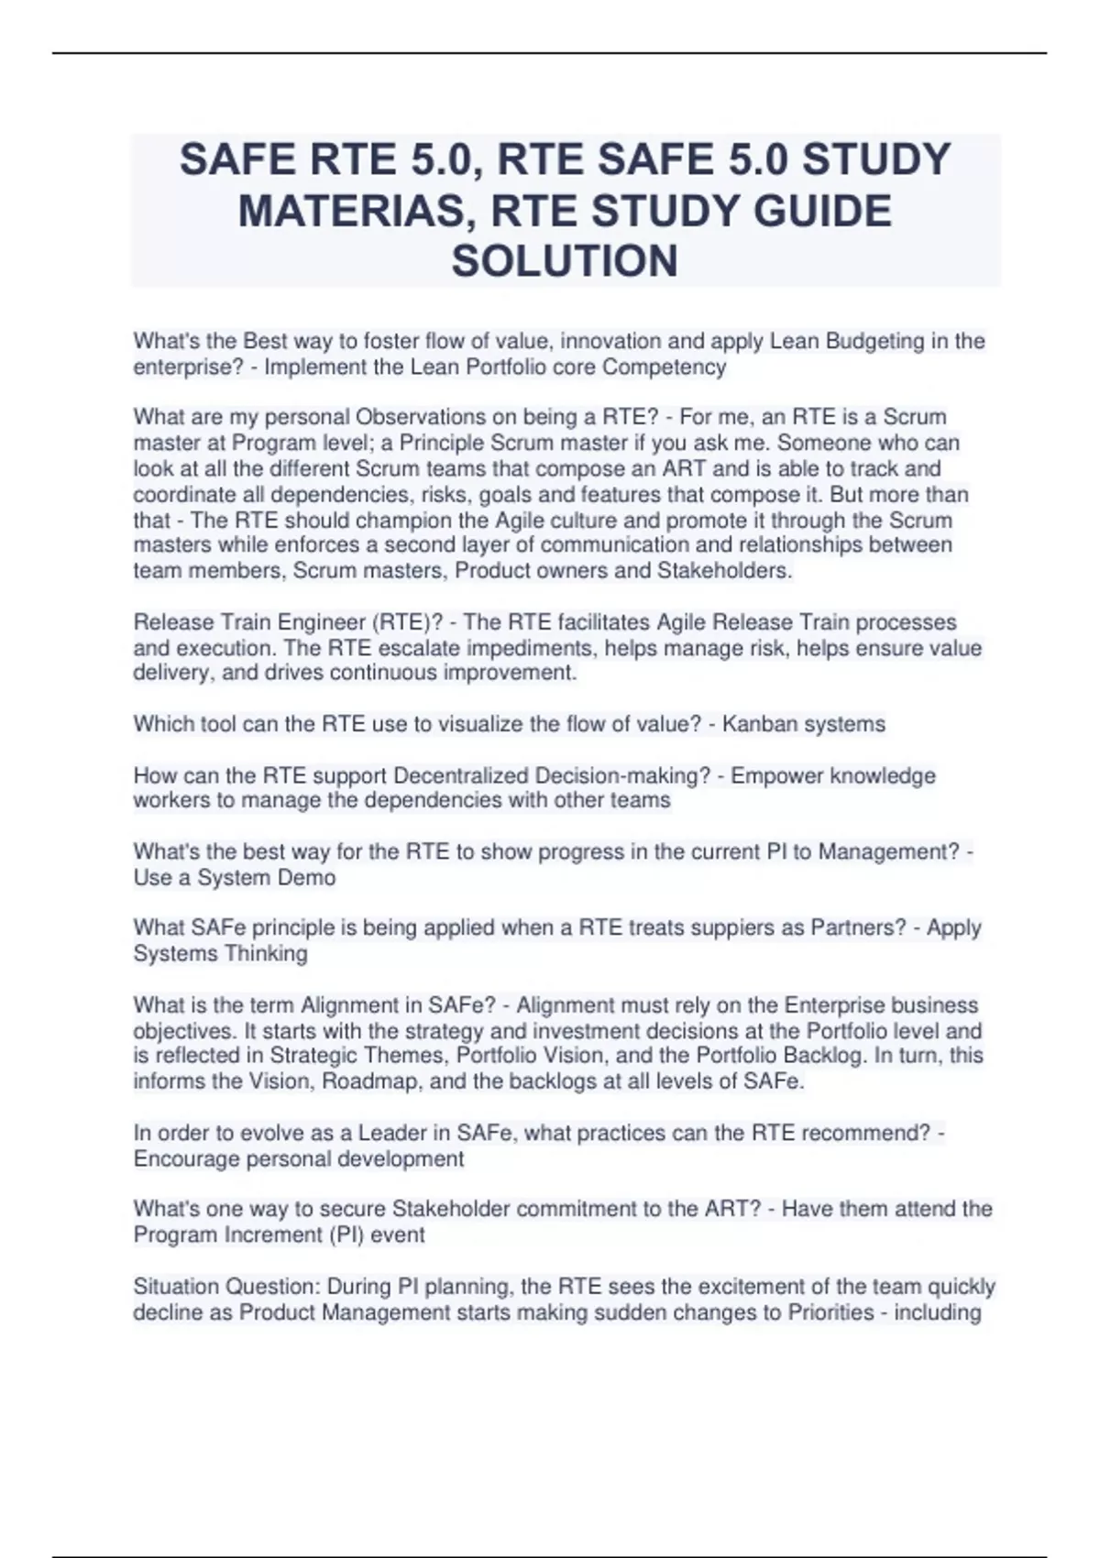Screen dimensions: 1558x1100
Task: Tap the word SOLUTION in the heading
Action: [565, 261]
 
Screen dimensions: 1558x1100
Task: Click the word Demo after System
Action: [306, 878]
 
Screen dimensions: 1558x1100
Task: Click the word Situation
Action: [176, 1287]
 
